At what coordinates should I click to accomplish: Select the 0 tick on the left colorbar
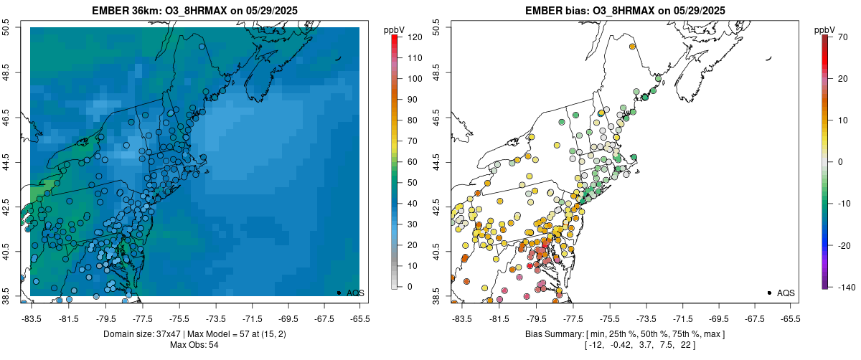click(x=408, y=287)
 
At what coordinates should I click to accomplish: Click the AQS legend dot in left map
click(x=339, y=293)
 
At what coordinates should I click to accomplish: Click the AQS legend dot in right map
click(x=768, y=293)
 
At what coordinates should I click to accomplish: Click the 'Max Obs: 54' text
click(x=195, y=345)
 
